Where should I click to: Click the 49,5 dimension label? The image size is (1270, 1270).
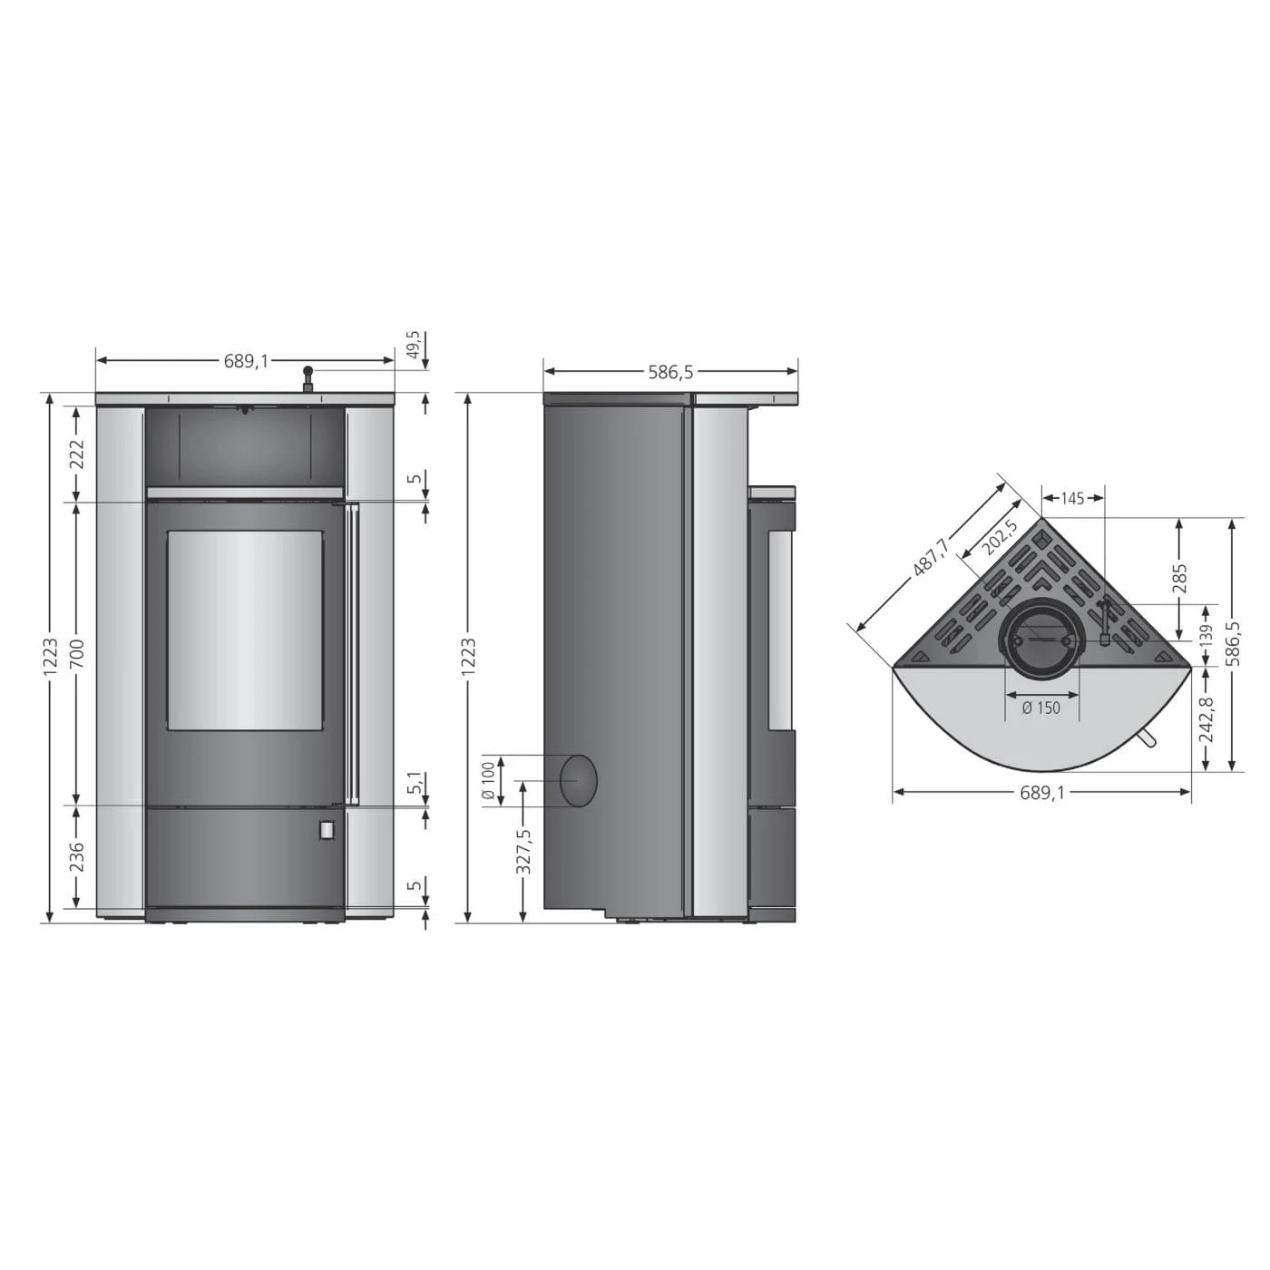point(413,346)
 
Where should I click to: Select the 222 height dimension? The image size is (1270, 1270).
point(76,453)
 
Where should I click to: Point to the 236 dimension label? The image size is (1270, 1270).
point(76,856)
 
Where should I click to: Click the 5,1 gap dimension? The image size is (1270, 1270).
point(415,783)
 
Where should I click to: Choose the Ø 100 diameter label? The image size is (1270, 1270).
point(489,781)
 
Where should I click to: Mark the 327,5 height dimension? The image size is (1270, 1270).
point(523,851)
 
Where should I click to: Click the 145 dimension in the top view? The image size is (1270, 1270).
point(1072,498)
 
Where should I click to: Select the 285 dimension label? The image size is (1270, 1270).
point(1179,577)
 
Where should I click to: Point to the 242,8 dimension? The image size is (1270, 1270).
point(1206,718)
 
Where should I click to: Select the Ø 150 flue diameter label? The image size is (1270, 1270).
point(1040,708)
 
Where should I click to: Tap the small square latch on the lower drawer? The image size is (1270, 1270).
point(326,829)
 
